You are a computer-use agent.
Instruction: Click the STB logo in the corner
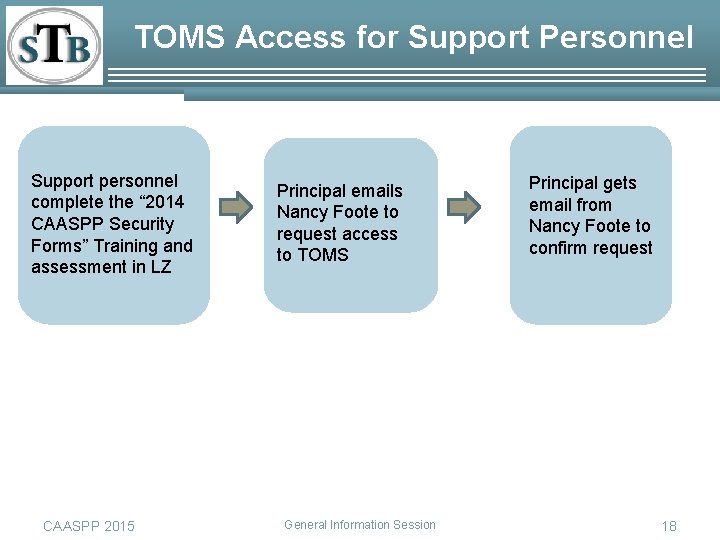click(54, 46)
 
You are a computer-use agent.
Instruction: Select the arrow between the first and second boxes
click(236, 206)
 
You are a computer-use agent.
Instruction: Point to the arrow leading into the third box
click(464, 206)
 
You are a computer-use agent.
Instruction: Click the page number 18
click(669, 526)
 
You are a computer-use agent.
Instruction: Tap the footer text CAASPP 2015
click(89, 526)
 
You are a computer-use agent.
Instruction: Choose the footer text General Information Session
click(360, 524)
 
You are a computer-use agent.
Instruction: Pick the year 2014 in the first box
click(164, 202)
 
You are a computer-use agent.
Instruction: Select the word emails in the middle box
click(376, 190)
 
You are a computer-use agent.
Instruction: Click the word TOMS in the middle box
click(323, 255)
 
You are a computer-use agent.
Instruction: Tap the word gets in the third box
click(618, 183)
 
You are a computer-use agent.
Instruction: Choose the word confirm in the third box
click(558, 248)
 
